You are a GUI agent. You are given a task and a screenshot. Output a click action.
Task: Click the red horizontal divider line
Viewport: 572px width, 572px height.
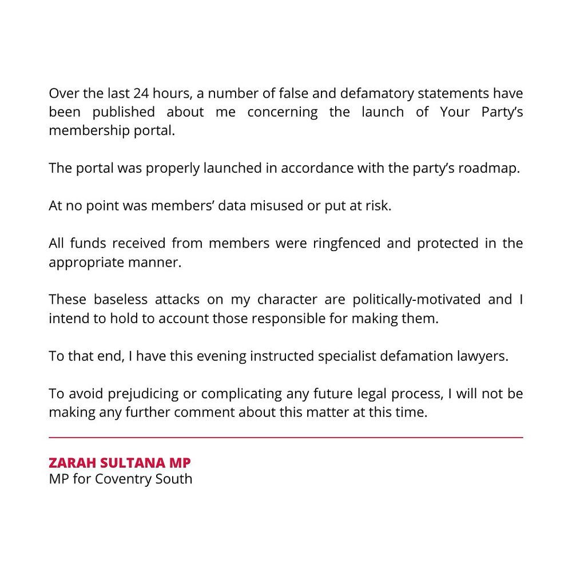[286, 438]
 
